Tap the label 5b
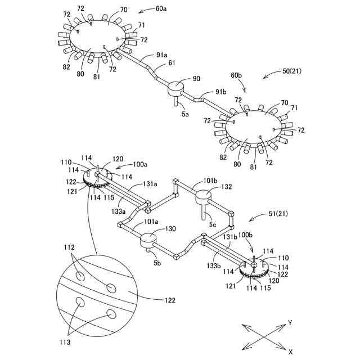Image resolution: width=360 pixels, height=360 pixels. click(x=157, y=263)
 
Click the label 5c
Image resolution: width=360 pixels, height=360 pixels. click(x=213, y=224)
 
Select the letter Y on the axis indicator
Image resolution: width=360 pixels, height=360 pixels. click(x=290, y=322)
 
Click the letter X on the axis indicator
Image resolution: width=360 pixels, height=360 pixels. click(x=290, y=351)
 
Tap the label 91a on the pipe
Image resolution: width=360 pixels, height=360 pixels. click(x=161, y=55)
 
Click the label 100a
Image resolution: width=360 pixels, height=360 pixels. click(x=140, y=165)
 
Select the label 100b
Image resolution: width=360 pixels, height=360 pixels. click(x=245, y=233)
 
